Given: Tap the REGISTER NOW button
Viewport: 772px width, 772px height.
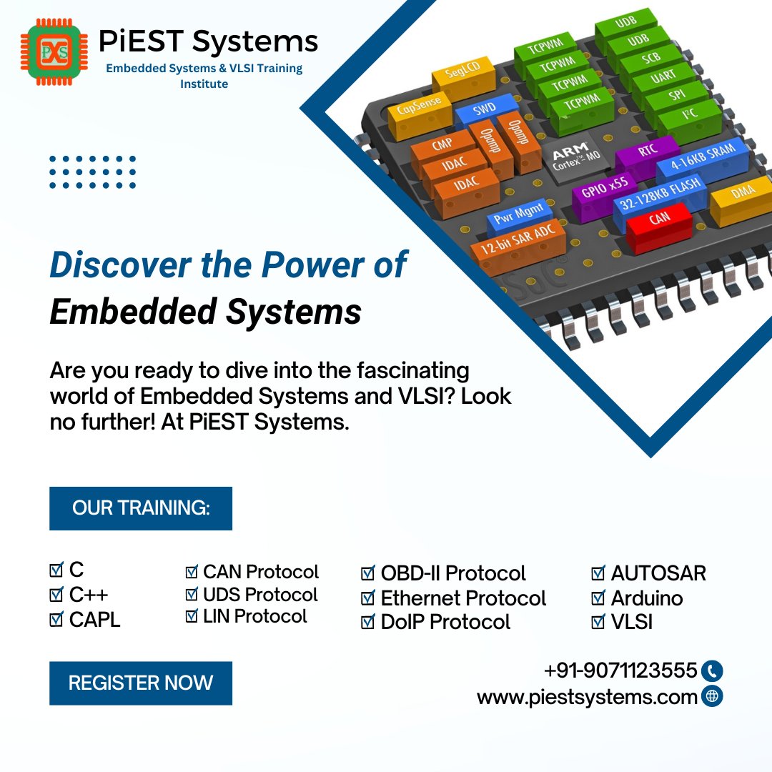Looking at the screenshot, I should (141, 683).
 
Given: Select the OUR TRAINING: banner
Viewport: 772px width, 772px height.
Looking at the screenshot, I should (141, 508).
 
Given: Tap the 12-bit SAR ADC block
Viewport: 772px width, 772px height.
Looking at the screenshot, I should (508, 240).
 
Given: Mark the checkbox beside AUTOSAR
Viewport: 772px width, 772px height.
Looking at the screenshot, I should (598, 573).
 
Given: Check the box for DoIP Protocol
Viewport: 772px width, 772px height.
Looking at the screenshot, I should (368, 622).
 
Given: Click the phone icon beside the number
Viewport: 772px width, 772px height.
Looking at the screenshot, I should (712, 670).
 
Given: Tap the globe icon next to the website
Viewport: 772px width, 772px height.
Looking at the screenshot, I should (712, 696).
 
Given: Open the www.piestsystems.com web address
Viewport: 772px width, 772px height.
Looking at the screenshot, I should (587, 697).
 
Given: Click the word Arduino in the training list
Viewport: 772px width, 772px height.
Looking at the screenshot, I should (646, 598).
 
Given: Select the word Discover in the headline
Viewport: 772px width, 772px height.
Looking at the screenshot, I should (104, 265).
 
